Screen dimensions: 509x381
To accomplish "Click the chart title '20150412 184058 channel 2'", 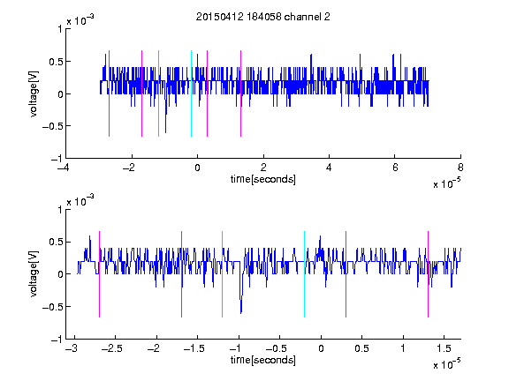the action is point(263,17).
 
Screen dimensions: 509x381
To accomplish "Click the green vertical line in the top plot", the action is point(158,93).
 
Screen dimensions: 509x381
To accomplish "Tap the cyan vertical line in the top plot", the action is point(191,93).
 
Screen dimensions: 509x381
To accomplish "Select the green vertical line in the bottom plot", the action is point(222,274).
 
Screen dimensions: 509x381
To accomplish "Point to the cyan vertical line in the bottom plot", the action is point(304,274).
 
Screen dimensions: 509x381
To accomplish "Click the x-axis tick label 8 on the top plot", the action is point(460,168).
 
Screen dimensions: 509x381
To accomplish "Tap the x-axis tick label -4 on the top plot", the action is point(64,168).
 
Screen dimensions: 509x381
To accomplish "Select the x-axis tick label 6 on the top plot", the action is point(395,168).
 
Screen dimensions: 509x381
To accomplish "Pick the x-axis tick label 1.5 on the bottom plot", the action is point(444,348).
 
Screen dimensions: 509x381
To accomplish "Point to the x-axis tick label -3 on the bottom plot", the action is point(72,348).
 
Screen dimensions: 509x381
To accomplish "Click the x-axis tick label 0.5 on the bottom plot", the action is point(361,348).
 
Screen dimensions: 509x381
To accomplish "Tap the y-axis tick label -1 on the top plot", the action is point(57,159).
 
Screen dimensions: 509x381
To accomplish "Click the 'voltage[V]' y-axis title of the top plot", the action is point(34,93).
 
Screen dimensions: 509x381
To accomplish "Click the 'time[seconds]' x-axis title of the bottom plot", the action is point(263,360).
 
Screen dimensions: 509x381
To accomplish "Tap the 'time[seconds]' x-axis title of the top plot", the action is point(263,179).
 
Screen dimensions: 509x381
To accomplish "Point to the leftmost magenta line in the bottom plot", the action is point(99,274).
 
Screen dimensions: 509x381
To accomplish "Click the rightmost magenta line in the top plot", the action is point(240,93).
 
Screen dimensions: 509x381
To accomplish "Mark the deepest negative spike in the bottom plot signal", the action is point(241,312).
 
